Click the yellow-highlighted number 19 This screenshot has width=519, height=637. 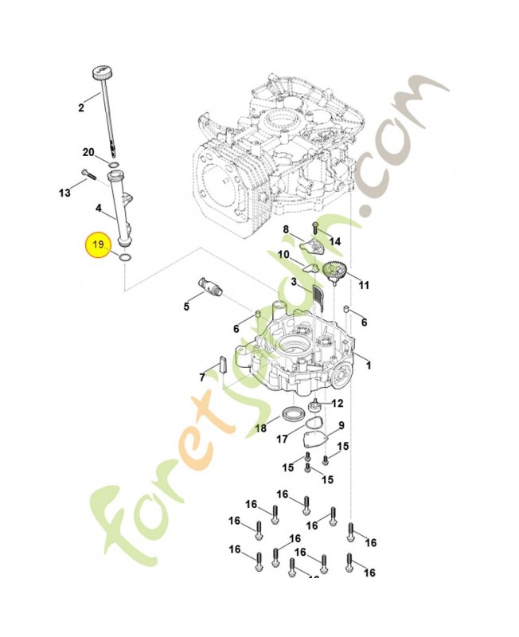(x=99, y=245)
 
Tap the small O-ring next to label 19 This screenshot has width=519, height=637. (x=124, y=256)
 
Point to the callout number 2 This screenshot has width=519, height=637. (x=81, y=107)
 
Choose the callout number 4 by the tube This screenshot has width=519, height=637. (x=99, y=209)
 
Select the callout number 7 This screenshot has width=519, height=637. (x=203, y=377)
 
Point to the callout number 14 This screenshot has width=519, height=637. (x=335, y=241)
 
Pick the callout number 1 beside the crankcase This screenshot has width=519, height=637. (x=368, y=365)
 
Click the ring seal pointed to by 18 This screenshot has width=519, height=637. (x=294, y=414)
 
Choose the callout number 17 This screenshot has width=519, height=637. (x=281, y=439)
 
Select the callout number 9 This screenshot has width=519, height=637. (x=341, y=426)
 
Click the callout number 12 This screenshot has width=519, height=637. (x=338, y=403)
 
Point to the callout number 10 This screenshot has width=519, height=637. (x=284, y=254)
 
